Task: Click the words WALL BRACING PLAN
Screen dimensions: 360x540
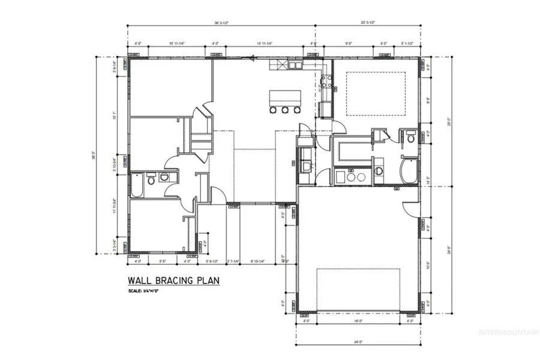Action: tap(173, 280)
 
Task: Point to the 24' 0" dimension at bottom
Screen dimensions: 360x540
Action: tap(358, 343)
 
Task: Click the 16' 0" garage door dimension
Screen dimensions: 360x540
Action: tap(358, 321)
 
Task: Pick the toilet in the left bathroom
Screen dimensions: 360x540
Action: tap(152, 178)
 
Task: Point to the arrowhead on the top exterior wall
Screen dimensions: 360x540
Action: tap(254, 58)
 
